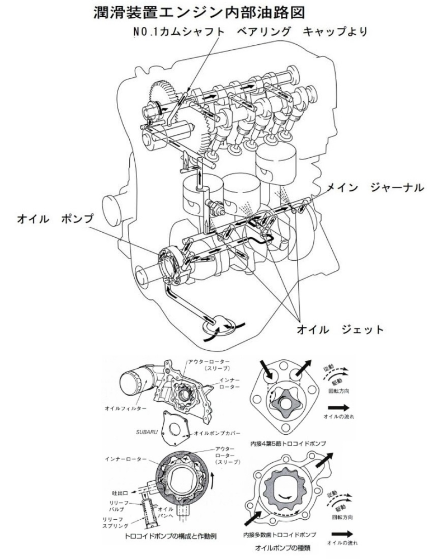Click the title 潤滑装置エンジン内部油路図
(x=218, y=12)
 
